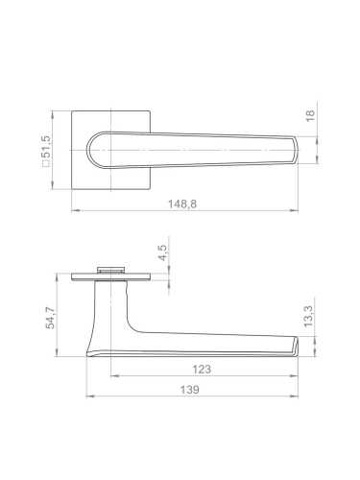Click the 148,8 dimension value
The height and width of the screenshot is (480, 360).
point(182,204)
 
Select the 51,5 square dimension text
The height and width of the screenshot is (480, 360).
point(46,147)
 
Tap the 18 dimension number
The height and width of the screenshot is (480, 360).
point(310,115)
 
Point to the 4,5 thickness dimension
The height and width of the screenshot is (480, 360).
point(163,252)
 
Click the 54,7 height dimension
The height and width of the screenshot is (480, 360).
point(50,318)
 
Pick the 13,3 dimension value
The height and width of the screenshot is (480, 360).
point(309,316)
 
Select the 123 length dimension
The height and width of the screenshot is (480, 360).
point(202,370)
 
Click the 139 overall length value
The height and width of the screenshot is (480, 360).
point(190,390)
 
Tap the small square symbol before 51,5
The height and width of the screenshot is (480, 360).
point(46,164)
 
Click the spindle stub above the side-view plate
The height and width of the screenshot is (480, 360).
point(110,270)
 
